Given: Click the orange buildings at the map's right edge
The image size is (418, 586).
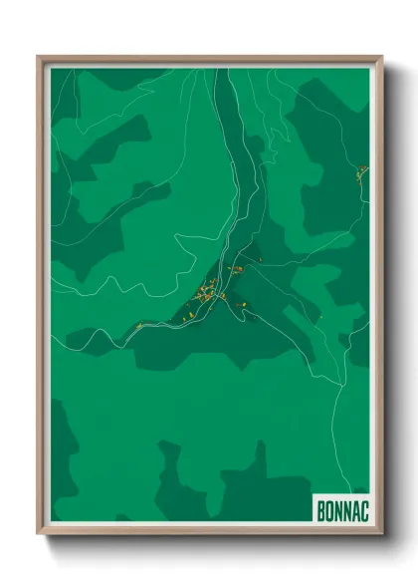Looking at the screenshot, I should click(362, 172).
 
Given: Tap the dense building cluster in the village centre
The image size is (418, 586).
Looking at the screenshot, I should click(206, 293).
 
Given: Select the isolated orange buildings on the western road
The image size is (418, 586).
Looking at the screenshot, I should click(139, 325).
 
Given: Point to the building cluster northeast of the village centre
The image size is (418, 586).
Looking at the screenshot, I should click(237, 269).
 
